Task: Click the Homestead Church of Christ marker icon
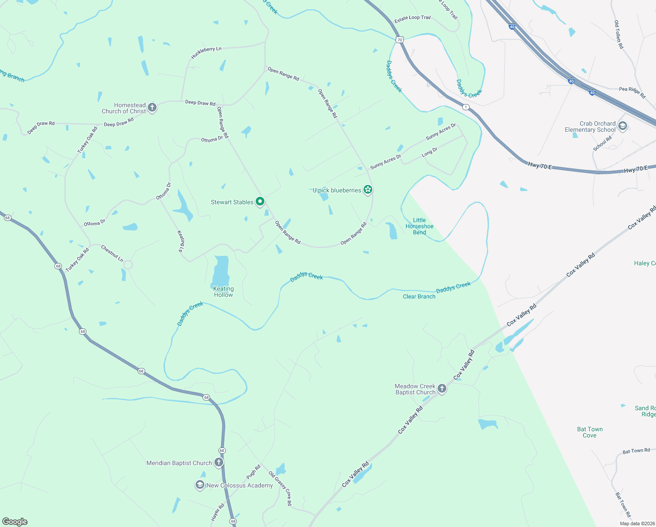tap(152, 108)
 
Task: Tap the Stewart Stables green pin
tap(260, 202)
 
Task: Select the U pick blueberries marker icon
tap(368, 190)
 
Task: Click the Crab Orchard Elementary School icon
tap(622, 126)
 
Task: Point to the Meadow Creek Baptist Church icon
tap(442, 389)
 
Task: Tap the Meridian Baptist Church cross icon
tap(218, 462)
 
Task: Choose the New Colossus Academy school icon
tap(200, 485)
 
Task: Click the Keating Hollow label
tap(223, 292)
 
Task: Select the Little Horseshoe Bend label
tap(419, 226)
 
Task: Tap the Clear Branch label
tap(419, 296)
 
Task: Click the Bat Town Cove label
tap(589, 432)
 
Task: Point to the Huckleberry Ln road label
tap(206, 53)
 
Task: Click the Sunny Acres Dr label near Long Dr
tap(385, 162)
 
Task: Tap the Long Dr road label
tap(429, 152)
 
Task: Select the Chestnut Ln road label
tap(112, 253)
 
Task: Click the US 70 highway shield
tap(399, 40)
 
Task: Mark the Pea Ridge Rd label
tap(632, 92)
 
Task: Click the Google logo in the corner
tap(15, 521)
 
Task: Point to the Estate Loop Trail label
tap(412, 18)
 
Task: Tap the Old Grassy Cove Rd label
tap(280, 488)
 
